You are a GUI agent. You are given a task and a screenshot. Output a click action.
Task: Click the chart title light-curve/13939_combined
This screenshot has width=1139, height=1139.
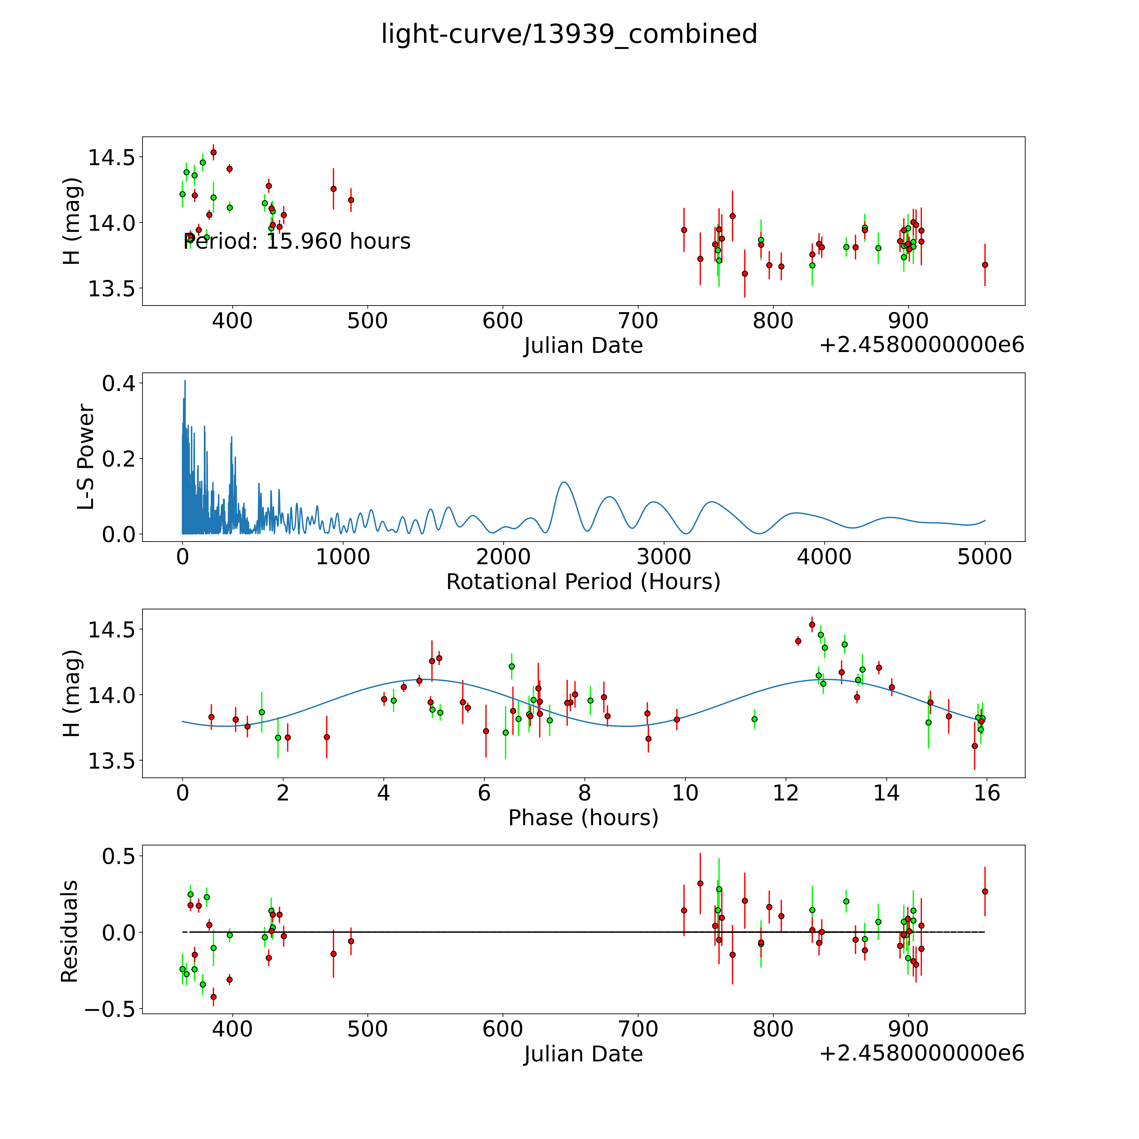pyautogui.click(x=569, y=34)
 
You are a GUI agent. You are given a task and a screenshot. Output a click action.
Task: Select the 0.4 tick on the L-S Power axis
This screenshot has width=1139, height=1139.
pyautogui.click(x=119, y=384)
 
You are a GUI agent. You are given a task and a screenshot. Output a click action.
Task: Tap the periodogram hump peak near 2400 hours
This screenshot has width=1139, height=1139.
pyautogui.click(x=564, y=482)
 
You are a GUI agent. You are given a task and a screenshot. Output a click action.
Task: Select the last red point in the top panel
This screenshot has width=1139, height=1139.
pyautogui.click(x=985, y=265)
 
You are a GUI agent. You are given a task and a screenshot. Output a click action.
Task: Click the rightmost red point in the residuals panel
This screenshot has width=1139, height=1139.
pyautogui.click(x=985, y=891)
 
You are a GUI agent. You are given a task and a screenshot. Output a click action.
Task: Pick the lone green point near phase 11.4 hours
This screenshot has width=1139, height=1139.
pyautogui.click(x=754, y=719)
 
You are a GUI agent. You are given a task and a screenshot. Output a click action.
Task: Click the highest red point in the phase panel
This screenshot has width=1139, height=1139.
pyautogui.click(x=812, y=624)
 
